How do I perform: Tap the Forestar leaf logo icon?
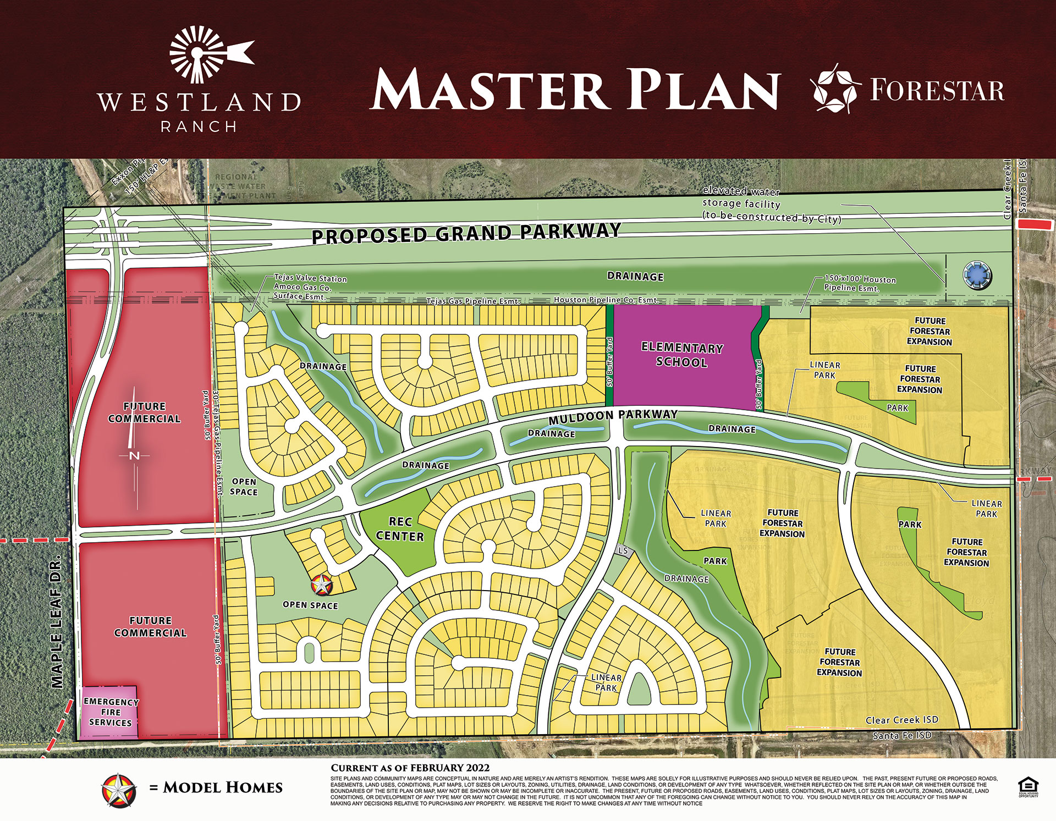tap(835, 90)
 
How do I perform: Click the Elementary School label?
tap(682, 355)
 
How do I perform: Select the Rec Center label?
tap(400, 529)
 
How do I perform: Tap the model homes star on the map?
tap(321, 585)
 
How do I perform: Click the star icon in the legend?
tap(119, 790)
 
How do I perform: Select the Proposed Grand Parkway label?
tap(466, 233)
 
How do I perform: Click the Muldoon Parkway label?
tap(613, 417)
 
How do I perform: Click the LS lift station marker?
tap(623, 550)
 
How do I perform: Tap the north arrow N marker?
tap(134, 455)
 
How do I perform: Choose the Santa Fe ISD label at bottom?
tap(902, 736)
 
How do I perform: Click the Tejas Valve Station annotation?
tap(310, 287)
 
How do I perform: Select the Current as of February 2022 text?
tap(410, 768)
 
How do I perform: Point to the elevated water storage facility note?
tap(770, 205)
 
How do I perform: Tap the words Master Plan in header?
tap(575, 91)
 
